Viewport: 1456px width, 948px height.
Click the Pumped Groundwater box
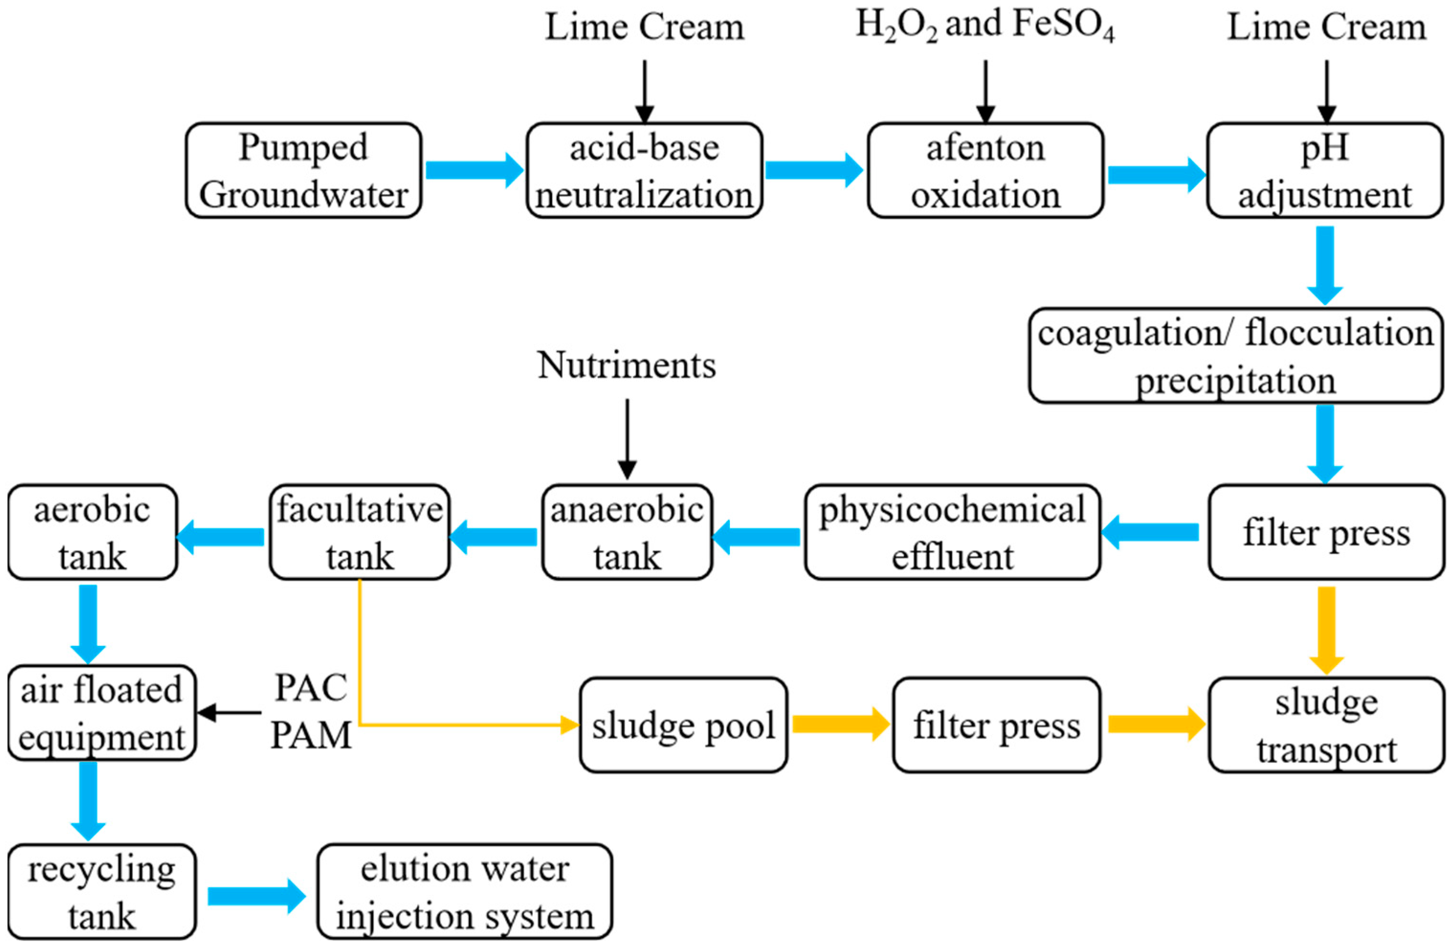[303, 171]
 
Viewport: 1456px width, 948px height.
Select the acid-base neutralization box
[644, 171]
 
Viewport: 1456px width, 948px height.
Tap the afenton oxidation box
[985, 171]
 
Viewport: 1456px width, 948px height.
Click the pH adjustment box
[1324, 171]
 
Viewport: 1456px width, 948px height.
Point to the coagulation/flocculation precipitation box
[1236, 355]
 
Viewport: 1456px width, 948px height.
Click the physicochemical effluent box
[952, 532]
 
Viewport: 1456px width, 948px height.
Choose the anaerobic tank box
[627, 532]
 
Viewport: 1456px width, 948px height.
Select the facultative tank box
[360, 532]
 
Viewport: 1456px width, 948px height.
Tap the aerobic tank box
[92, 532]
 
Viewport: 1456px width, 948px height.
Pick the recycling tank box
[101, 892]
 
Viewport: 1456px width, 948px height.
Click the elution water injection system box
[464, 892]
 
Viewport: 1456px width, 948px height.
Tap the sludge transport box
[1326, 725]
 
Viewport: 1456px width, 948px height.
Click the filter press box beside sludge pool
[996, 725]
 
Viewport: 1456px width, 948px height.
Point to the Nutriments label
[627, 365]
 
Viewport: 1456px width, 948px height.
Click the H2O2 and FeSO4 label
[984, 26]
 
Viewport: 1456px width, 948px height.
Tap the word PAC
[311, 687]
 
